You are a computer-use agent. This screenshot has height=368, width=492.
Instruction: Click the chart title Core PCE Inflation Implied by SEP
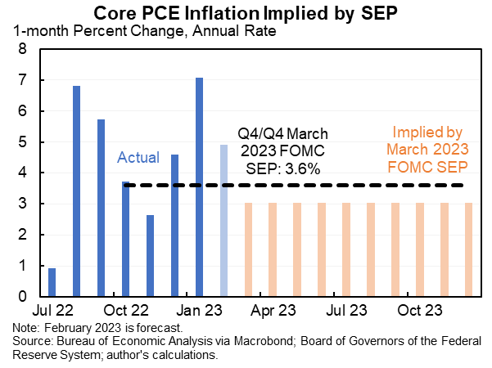(x=246, y=13)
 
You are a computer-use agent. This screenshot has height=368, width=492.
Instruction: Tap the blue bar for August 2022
(x=77, y=191)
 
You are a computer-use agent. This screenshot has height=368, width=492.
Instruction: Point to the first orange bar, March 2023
(x=248, y=249)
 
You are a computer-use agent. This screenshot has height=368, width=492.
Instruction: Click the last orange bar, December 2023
(x=469, y=249)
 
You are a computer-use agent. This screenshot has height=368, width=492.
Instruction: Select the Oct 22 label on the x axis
(x=127, y=312)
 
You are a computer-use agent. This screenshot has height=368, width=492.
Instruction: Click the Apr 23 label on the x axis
(x=273, y=312)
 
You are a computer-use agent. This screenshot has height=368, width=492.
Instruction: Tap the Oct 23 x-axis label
(x=420, y=312)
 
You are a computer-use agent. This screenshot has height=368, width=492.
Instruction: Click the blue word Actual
(x=138, y=157)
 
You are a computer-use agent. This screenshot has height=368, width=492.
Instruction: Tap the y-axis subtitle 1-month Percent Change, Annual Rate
(x=144, y=33)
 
